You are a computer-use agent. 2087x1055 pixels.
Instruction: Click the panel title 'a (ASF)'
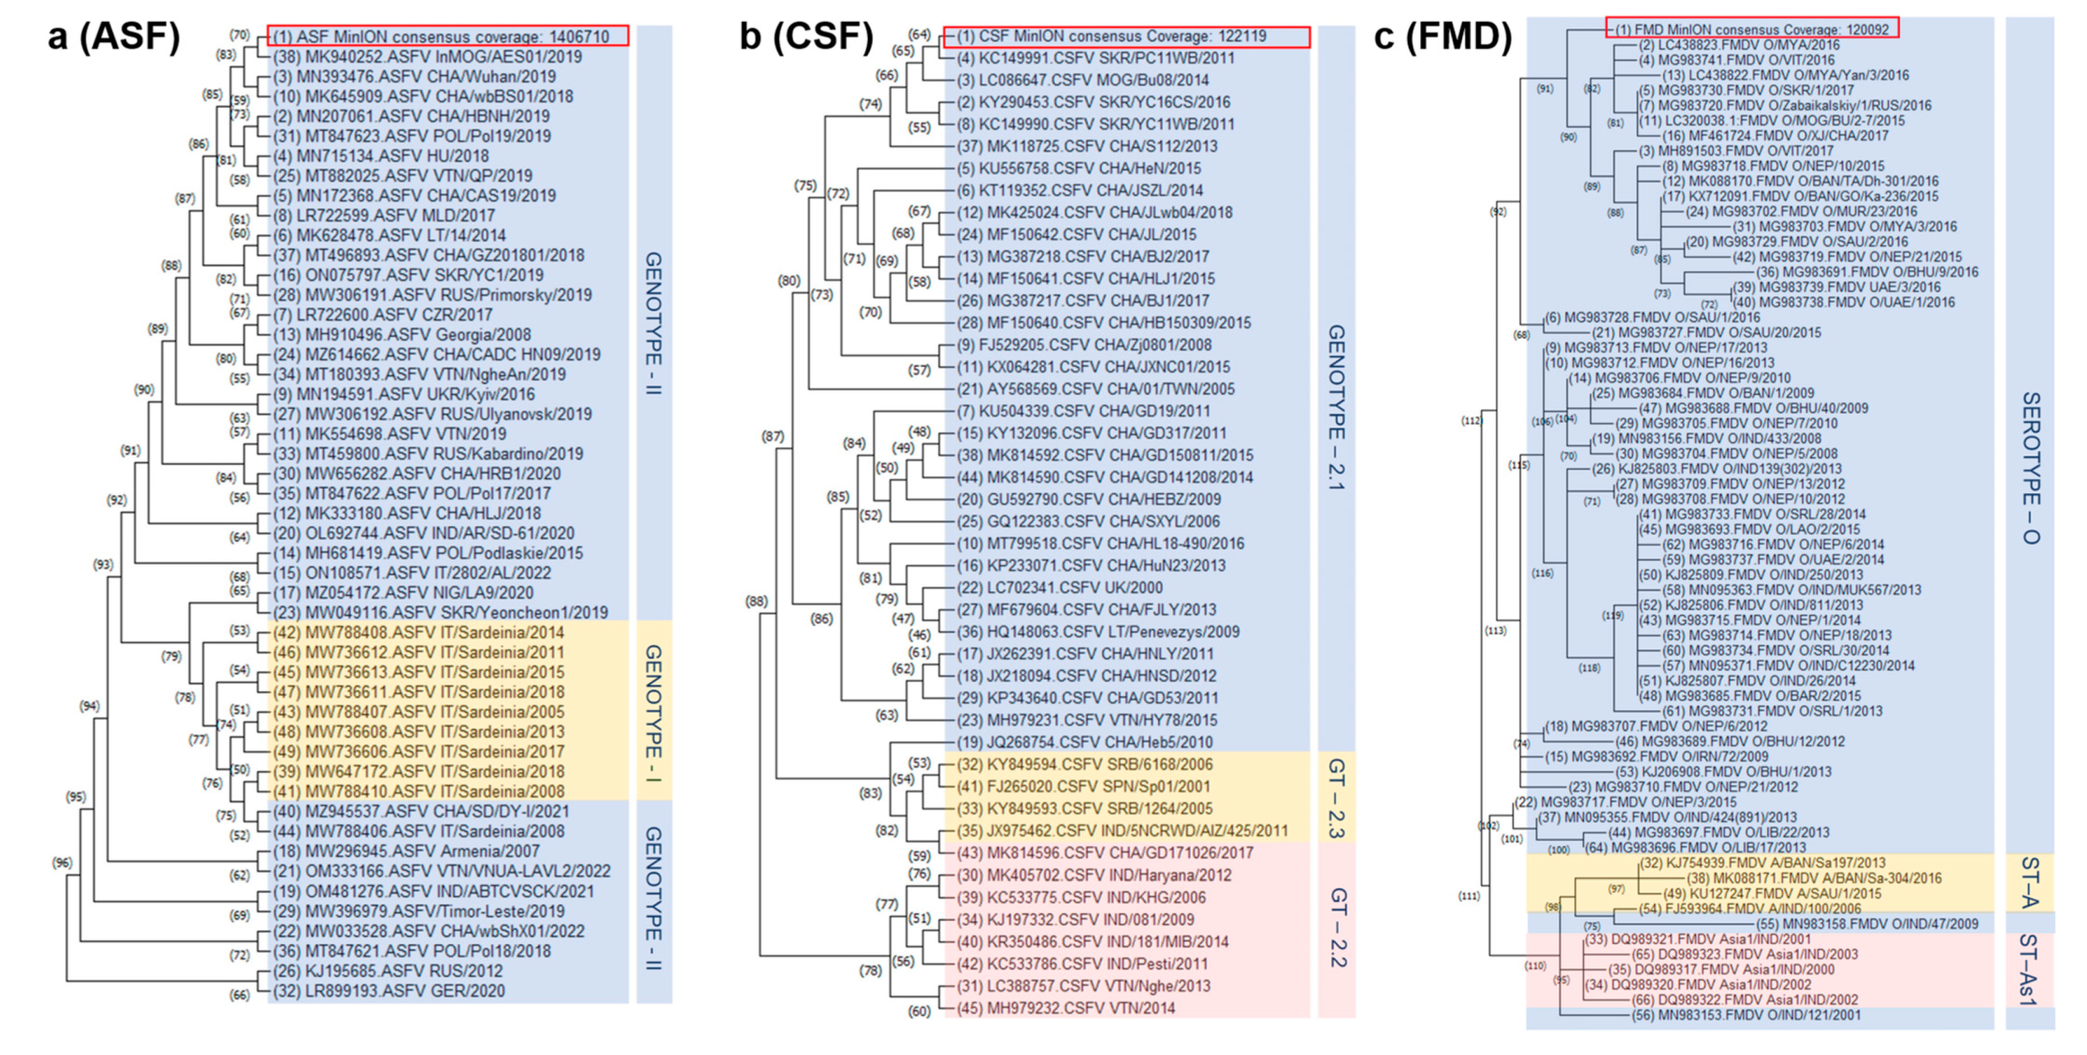click(114, 37)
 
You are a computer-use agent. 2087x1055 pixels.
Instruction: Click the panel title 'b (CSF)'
click(806, 37)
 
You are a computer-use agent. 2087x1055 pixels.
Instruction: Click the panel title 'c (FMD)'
click(1442, 37)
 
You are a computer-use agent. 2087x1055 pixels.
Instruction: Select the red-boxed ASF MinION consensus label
click(447, 37)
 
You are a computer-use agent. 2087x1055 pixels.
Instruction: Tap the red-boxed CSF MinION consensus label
click(1126, 37)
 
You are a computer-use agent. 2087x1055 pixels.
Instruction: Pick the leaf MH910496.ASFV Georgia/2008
click(402, 335)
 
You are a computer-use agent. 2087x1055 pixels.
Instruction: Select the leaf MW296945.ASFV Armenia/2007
click(406, 851)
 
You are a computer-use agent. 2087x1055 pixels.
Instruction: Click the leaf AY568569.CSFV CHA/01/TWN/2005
click(1095, 389)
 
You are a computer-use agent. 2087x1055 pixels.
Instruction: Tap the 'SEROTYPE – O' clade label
click(2030, 468)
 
